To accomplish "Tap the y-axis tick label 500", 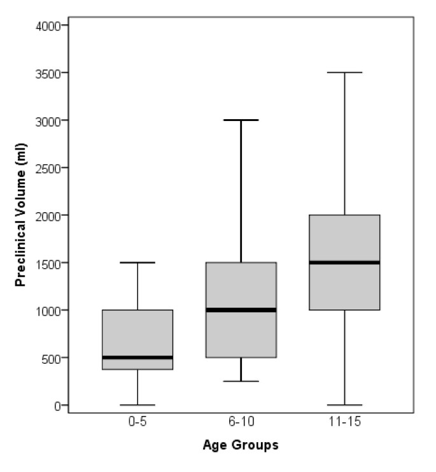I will point(50,358).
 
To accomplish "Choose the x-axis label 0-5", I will point(137,422).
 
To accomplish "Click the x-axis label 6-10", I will point(241,422).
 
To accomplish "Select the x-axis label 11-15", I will point(344,422).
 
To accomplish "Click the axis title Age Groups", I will point(241,445).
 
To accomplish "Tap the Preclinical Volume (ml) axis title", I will point(21,215).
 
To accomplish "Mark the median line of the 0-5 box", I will point(137,357).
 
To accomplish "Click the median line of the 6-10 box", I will point(241,310).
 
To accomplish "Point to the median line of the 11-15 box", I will point(344,262).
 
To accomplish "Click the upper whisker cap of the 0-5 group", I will point(137,262).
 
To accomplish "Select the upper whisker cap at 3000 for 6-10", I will point(241,120).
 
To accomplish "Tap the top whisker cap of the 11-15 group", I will point(344,73).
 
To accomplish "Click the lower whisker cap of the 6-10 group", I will point(241,381).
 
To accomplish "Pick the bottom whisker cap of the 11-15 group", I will point(344,405).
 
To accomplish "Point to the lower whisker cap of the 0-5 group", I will point(137,405).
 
